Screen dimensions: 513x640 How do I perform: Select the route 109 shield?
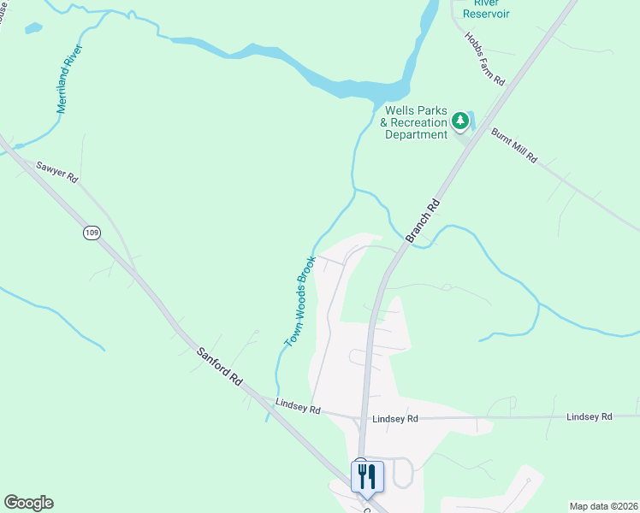point(91,233)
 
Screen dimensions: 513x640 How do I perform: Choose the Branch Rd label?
point(424,221)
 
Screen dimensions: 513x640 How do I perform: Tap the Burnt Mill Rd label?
point(513,145)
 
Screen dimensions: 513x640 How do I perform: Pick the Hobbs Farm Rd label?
point(485,58)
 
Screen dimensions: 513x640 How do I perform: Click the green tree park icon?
point(461,121)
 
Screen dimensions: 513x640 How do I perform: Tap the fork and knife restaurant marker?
point(367,476)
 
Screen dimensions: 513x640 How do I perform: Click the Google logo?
point(28,503)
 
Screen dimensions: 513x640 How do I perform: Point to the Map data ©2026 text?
point(602,506)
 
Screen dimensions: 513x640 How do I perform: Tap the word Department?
point(416,134)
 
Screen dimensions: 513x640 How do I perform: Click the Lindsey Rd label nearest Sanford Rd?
point(298,409)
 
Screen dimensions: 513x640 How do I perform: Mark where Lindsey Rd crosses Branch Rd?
point(363,418)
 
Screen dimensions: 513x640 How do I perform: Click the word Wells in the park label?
point(400,110)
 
